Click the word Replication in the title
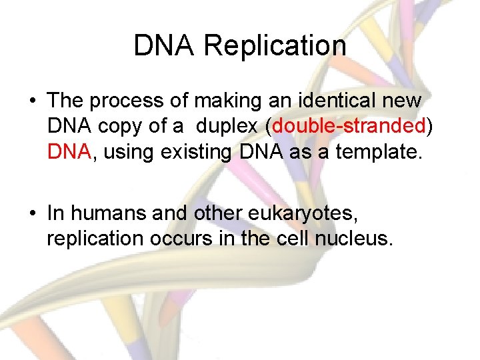pyautogui.click(x=275, y=46)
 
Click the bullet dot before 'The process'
pyautogui.click(x=32, y=101)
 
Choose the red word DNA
pyautogui.click(x=69, y=153)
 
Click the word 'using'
pyautogui.click(x=125, y=153)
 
